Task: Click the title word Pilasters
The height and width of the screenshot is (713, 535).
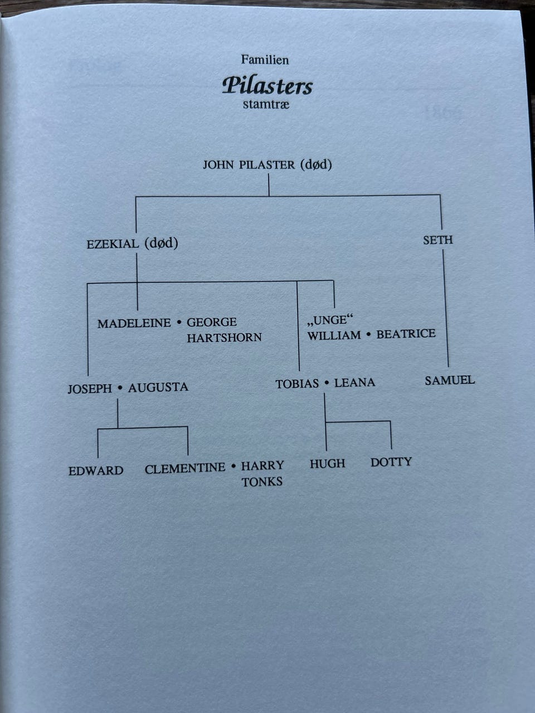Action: tap(267, 86)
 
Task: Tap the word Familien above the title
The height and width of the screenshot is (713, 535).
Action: tap(265, 60)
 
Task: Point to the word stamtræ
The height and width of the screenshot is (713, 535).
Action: tap(266, 104)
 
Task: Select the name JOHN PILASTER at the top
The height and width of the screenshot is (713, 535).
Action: tap(249, 165)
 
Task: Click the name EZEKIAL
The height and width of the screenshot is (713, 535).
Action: tap(113, 245)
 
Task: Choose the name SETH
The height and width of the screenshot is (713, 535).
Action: tap(438, 241)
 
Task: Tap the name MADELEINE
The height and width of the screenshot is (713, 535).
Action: tap(134, 324)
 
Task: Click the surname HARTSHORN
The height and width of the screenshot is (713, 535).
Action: tap(224, 338)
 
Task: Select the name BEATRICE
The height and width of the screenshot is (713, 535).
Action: tap(406, 334)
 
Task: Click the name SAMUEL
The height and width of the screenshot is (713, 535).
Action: tap(450, 380)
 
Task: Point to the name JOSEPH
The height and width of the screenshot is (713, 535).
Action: tap(90, 389)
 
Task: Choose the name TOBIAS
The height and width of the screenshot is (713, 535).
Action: tap(297, 384)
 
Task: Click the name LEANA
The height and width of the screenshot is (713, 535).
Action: tap(354, 383)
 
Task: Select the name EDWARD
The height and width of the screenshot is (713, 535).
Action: tap(96, 471)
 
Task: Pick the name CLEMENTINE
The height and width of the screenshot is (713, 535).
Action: tap(185, 468)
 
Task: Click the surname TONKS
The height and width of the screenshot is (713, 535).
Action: tap(262, 482)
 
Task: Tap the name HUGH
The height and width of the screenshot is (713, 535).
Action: tap(327, 463)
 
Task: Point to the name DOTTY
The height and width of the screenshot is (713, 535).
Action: tap(391, 462)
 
